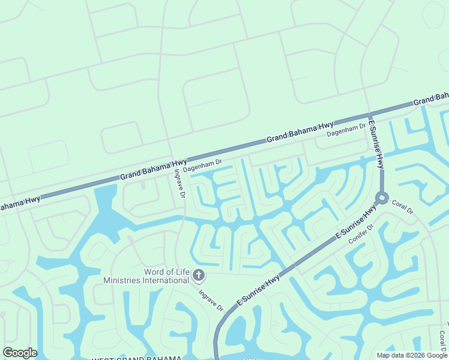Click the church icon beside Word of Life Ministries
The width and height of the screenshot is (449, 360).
click(199, 276)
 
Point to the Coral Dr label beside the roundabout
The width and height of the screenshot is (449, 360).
click(403, 208)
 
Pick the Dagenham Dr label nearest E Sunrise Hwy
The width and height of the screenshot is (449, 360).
click(346, 130)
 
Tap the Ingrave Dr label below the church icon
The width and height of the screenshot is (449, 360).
click(211, 300)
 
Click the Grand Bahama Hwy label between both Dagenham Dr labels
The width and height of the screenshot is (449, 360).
click(300, 131)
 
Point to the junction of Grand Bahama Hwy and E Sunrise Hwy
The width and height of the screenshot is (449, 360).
click(369, 113)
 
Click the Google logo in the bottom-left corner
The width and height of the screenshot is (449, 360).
click(20, 353)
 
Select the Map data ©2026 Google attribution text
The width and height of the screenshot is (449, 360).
click(412, 355)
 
